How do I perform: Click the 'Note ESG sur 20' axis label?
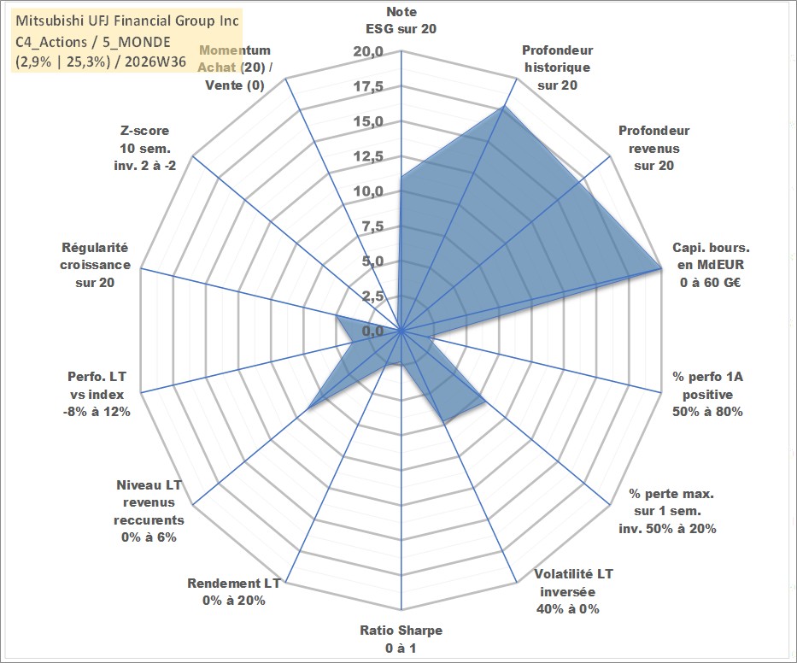click(401, 21)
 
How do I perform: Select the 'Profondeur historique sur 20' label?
click(557, 67)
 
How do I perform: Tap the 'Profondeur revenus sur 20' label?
click(653, 148)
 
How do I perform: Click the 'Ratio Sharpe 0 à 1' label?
click(401, 639)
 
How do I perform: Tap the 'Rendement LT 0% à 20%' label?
click(234, 592)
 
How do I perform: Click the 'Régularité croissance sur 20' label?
click(95, 265)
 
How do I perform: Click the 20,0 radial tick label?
click(368, 52)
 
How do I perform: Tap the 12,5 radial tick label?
click(368, 156)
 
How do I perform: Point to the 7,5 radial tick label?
click(372, 226)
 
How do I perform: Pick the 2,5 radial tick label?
click(372, 296)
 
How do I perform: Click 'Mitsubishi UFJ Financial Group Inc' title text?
click(127, 21)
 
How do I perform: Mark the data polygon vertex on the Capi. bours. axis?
click(661, 267)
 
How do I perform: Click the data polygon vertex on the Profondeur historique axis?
click(504, 107)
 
